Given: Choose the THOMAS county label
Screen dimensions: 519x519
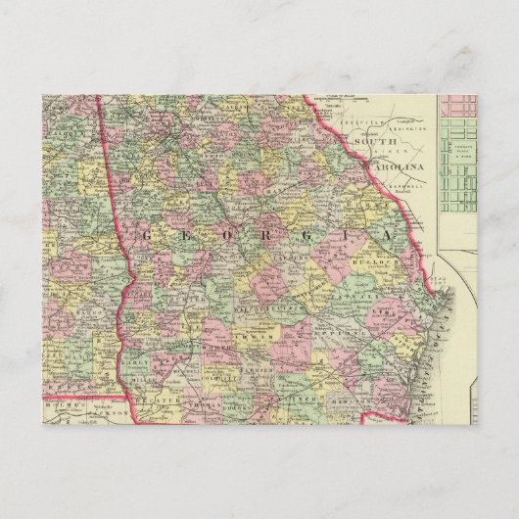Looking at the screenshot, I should tap(199, 401).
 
